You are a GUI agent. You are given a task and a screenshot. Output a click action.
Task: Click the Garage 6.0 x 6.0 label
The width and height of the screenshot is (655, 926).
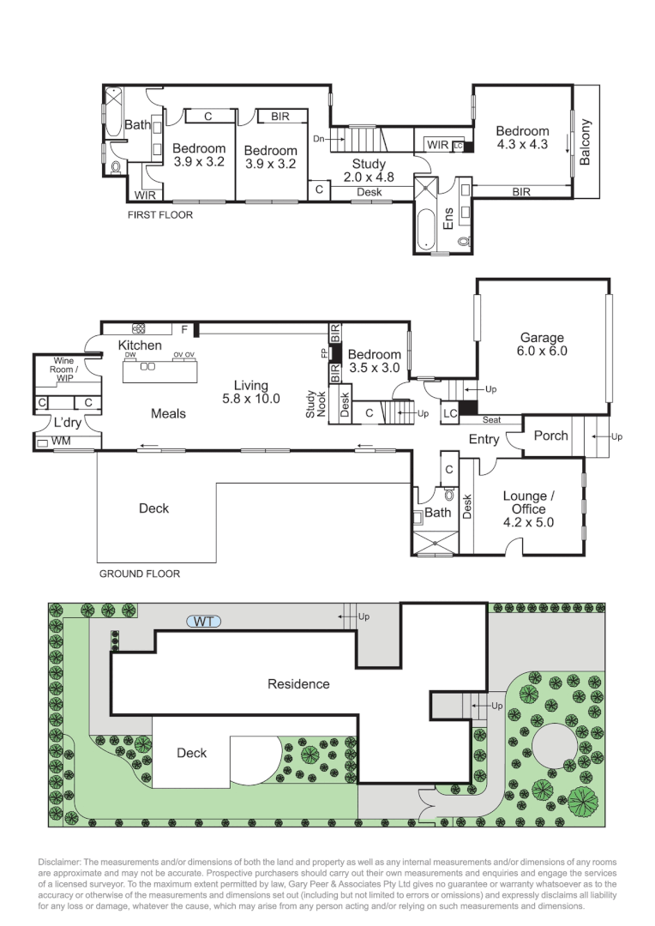pyautogui.click(x=541, y=345)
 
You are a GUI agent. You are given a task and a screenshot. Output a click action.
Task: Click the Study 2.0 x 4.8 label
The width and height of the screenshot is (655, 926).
pyautogui.click(x=369, y=171)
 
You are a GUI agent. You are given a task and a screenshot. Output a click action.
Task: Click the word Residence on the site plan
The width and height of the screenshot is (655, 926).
pyautogui.click(x=298, y=683)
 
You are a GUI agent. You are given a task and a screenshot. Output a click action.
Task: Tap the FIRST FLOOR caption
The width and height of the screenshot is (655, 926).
pyautogui.click(x=160, y=215)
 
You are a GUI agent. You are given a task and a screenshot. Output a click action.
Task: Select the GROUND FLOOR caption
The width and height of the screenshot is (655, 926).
pyautogui.click(x=139, y=574)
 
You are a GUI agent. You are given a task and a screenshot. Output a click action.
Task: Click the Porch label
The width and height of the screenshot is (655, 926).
pyautogui.click(x=550, y=436)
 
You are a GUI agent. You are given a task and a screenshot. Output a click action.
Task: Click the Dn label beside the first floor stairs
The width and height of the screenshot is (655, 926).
pyautogui.click(x=318, y=138)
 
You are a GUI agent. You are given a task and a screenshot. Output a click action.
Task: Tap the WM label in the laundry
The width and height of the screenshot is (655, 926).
pyautogui.click(x=61, y=442)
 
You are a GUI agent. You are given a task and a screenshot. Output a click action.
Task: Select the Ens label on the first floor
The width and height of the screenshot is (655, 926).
pyautogui.click(x=448, y=219)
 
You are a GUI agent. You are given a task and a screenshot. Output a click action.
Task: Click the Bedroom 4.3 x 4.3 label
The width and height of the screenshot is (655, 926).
pyautogui.click(x=521, y=138)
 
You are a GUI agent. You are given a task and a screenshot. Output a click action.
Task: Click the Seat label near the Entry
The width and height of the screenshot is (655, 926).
pyautogui.click(x=492, y=420)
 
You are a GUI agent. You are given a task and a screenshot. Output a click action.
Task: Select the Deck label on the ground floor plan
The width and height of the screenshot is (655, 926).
pyautogui.click(x=153, y=508)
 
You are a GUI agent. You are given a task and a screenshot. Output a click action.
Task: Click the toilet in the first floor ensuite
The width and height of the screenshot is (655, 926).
pyautogui.click(x=465, y=243)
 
